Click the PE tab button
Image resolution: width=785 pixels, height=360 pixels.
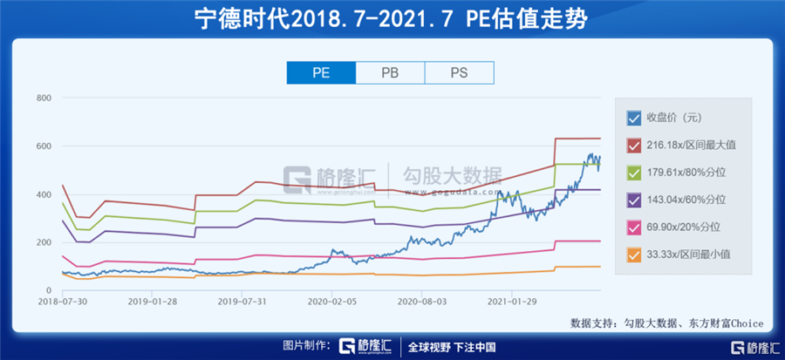click(321, 73)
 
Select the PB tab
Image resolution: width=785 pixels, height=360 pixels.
click(391, 73)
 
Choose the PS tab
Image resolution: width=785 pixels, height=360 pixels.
click(460, 73)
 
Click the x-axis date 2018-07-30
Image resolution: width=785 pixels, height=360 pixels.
click(64, 302)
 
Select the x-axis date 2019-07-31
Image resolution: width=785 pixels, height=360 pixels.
click(243, 302)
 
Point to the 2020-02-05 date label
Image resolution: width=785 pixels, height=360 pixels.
click(333, 302)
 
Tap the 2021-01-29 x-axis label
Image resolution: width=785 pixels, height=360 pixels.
click(513, 302)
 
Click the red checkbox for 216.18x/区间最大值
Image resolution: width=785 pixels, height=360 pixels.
click(634, 146)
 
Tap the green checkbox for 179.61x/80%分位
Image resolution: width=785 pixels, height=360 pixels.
click(634, 173)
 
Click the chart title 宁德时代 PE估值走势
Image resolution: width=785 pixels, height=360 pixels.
click(392, 18)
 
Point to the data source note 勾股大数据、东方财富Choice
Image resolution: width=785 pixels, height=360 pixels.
click(666, 323)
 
